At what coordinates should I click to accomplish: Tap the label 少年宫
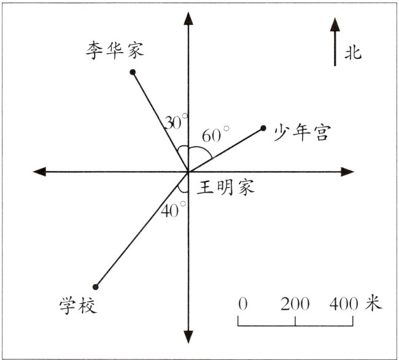(301, 132)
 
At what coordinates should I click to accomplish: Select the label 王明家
(225, 187)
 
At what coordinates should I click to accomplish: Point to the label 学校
(79, 305)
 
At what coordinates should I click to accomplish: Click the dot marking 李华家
(133, 72)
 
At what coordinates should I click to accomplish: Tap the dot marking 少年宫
(263, 128)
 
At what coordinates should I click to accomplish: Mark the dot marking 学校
(96, 286)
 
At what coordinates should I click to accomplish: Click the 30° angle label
(176, 122)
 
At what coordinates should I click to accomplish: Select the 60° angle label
(215, 134)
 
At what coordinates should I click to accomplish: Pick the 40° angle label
(174, 210)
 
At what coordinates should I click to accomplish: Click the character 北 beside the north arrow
(353, 53)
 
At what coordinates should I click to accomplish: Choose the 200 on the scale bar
(295, 303)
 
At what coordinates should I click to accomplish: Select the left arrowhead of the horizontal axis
(38, 172)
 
